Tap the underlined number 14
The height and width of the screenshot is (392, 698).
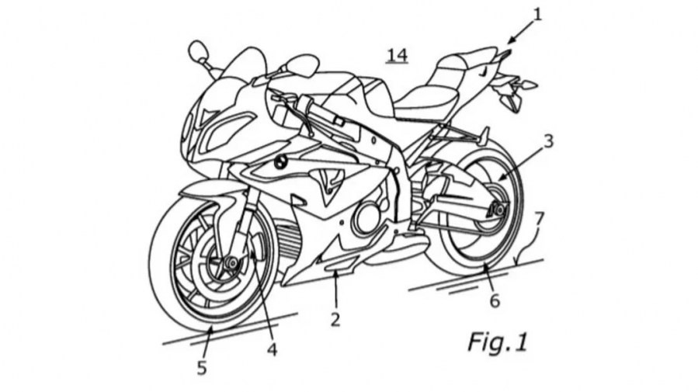click(x=397, y=54)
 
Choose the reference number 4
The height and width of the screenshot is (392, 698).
click(x=272, y=349)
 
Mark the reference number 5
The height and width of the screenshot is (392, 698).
click(x=202, y=367)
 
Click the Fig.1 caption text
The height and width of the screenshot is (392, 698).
click(x=497, y=342)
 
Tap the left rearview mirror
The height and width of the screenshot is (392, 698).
click(x=198, y=53)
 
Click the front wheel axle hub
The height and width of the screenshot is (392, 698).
click(x=230, y=263)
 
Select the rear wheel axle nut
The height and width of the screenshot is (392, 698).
click(x=497, y=210)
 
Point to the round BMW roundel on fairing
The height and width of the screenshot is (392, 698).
click(x=279, y=164)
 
